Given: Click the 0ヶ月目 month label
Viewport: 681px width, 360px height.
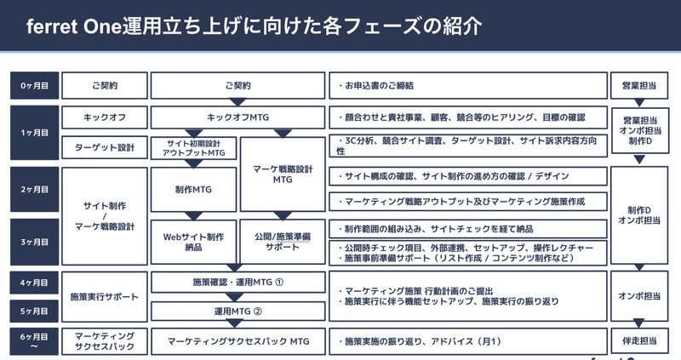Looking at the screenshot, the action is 34,86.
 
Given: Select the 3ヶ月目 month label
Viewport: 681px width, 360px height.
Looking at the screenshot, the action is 34,242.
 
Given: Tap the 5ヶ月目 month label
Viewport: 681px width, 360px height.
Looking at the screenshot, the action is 34,311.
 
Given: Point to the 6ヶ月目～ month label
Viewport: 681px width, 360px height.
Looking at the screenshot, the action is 34,341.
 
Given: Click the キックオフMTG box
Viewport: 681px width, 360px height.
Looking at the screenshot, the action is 237,117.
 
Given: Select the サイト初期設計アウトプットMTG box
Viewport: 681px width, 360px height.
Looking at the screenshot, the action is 194,148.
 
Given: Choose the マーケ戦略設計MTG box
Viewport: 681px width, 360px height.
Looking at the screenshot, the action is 283,174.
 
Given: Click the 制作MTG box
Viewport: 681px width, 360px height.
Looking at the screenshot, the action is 194,189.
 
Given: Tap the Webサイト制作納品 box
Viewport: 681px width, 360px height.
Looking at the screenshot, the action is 194,242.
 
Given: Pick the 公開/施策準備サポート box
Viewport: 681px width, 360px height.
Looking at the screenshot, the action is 283,242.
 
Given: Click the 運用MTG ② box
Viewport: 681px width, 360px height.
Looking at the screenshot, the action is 237,311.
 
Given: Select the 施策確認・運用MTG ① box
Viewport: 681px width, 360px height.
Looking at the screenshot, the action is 237,283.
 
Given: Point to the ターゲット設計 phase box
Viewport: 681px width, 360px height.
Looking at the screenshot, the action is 105,147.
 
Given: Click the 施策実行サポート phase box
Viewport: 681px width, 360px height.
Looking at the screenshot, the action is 105,297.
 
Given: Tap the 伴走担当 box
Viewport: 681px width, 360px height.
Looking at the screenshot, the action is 639,341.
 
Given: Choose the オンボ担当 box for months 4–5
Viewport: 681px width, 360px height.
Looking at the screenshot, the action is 639,296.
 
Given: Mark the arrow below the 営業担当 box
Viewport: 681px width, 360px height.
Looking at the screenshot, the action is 639,103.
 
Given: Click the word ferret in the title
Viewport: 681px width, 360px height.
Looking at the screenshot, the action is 52,26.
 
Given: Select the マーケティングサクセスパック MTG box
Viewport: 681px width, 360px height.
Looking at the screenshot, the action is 237,341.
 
